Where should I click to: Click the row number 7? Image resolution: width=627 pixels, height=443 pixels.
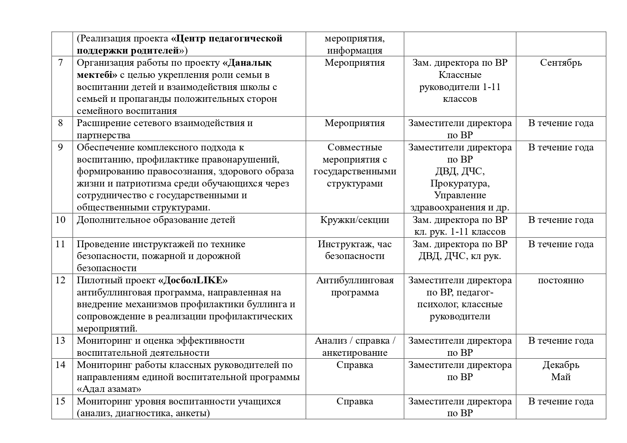coord(60,63)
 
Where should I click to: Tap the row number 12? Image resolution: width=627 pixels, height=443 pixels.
coord(60,280)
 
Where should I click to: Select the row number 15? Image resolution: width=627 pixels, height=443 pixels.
coord(60,401)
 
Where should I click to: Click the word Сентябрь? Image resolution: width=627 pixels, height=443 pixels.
coord(561,63)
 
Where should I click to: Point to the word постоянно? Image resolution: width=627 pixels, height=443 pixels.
coord(561,280)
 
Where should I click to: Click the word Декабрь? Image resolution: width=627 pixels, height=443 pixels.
coord(561,365)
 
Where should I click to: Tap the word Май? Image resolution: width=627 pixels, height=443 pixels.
coord(561,377)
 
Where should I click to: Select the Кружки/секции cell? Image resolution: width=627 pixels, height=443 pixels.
coord(354,220)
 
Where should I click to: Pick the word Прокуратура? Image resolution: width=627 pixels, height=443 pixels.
coord(460,184)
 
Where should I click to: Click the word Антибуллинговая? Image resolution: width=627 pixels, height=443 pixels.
coord(354,280)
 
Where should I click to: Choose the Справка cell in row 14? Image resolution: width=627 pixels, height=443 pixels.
coord(354,365)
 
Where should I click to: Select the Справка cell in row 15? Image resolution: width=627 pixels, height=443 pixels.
coord(354,401)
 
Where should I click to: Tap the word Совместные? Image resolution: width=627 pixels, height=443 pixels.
coord(354,148)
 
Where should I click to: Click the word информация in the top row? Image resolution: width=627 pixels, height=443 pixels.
coord(354,50)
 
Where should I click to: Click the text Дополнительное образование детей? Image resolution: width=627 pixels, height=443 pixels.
coord(156,220)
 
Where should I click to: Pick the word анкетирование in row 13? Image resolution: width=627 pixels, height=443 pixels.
coord(354,353)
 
